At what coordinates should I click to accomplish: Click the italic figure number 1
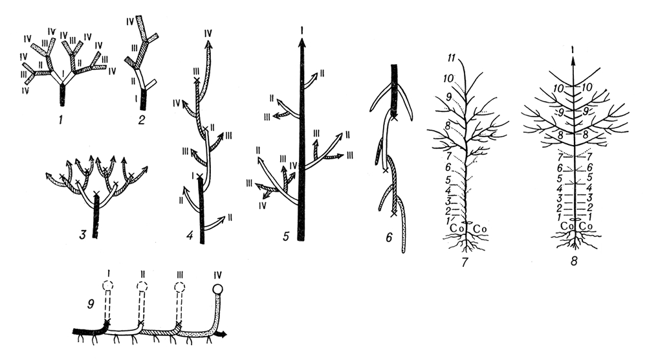[x=61, y=120]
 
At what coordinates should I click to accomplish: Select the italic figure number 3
[x=83, y=235]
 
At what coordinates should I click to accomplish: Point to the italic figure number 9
[x=91, y=304]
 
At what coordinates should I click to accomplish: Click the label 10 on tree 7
[x=448, y=78]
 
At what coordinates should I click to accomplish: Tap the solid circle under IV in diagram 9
[x=217, y=289]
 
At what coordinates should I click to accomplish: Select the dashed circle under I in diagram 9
[x=107, y=286]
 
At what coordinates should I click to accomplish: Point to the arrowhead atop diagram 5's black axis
[x=302, y=43]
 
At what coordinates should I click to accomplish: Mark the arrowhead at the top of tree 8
[x=573, y=60]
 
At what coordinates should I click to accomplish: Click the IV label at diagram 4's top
[x=208, y=33]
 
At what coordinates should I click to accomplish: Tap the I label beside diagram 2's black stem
[x=135, y=98]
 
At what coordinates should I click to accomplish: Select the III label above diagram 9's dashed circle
[x=179, y=275]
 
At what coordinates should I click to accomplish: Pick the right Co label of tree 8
[x=586, y=226]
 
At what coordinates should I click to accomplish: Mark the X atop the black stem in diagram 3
[x=96, y=193]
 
